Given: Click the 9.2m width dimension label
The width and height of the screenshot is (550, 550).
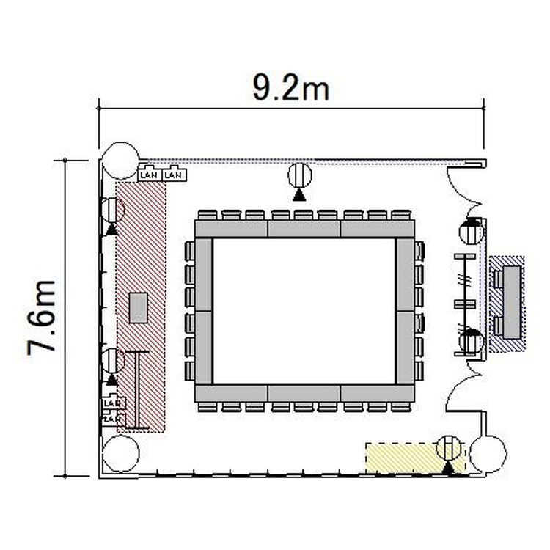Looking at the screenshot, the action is pos(291,88).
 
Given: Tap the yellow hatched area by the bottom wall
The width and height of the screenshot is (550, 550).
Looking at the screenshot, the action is pos(416,458).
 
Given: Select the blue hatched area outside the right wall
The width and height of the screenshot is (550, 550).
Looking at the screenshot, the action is pos(507,304).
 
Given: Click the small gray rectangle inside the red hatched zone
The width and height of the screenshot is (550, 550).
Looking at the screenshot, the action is pos(139,307).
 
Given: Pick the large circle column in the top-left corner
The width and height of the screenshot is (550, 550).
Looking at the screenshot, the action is pos(121,161).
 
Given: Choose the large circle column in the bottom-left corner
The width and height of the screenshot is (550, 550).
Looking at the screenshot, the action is pos(121,453).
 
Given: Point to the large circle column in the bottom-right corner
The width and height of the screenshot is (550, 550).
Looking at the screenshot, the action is pos(488,454).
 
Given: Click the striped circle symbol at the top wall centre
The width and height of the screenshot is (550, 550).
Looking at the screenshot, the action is pos(300,175).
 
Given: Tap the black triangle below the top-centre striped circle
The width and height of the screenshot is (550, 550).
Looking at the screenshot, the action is pos(299,195).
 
